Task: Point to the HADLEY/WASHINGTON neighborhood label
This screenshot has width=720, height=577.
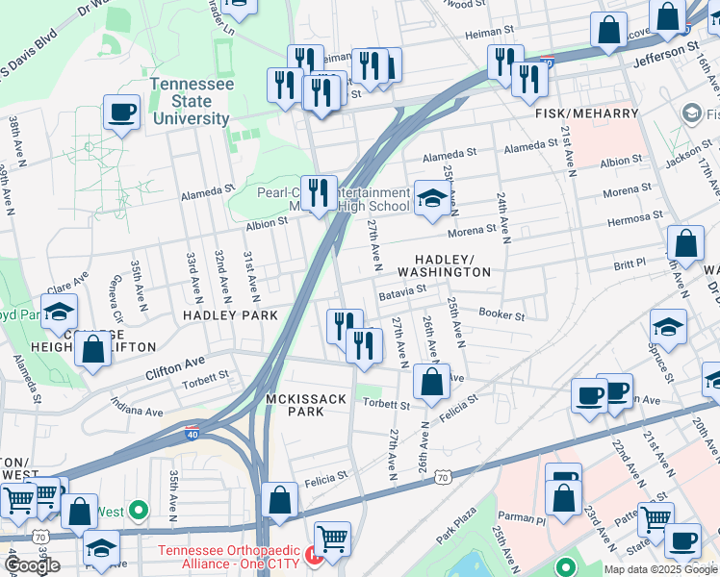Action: coord(452,266)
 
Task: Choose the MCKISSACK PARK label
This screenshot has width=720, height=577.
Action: coord(294,404)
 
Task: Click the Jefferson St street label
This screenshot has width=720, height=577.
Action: coord(665,53)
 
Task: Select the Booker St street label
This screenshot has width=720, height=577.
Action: coord(501,314)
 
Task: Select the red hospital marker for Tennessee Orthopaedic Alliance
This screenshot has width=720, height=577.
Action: coord(313,555)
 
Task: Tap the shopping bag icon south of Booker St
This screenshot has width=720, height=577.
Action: coord(432,382)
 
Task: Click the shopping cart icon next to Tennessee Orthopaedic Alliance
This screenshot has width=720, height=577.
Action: coord(332,540)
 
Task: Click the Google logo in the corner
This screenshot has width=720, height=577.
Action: coord(32,565)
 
